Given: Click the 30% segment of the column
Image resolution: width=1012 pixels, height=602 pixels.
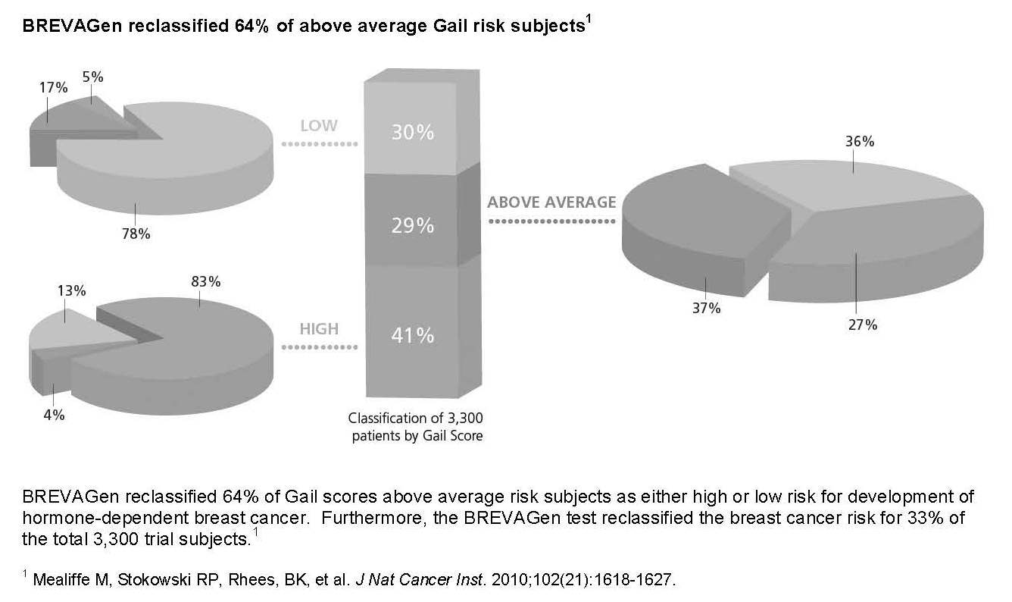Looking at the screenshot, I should click(x=412, y=132).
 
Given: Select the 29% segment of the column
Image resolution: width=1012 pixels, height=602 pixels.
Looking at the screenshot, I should click(x=412, y=225).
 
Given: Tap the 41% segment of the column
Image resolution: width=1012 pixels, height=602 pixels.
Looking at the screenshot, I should click(x=412, y=334).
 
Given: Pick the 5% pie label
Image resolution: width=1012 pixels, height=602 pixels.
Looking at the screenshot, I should click(x=93, y=77).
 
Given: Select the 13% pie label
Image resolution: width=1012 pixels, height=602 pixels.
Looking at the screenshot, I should click(x=73, y=291).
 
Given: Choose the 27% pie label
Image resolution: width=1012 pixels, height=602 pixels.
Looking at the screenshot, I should click(x=862, y=325).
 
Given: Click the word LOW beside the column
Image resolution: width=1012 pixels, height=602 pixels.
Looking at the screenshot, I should click(x=319, y=126).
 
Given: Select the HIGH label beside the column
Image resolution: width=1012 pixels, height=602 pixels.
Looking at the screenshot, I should click(x=319, y=329).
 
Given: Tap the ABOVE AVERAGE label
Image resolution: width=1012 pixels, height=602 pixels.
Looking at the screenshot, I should click(x=551, y=203).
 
